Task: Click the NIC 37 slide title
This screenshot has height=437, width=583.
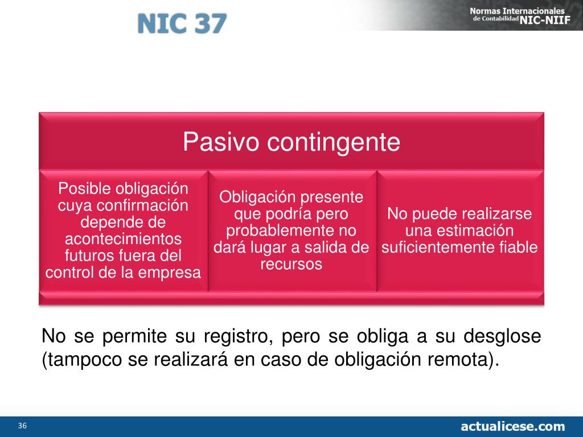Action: pos(182,23)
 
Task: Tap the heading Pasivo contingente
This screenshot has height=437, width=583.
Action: pos(291,142)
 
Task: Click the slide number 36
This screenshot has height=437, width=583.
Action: pos(23,426)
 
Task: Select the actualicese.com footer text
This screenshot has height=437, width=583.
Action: pos(512,426)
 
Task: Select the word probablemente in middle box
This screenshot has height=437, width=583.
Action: pos(273,231)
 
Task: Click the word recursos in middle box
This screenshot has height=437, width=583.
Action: pos(291,264)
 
